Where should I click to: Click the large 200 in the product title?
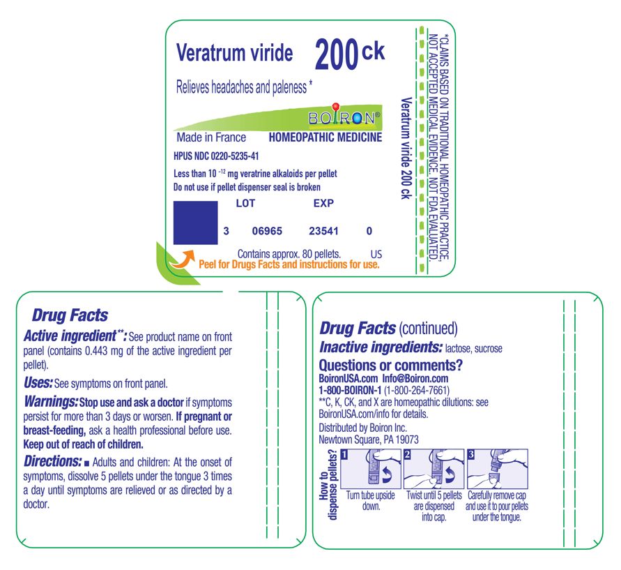(336, 55)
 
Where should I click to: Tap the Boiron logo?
(344, 117)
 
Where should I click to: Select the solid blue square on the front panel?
(195, 223)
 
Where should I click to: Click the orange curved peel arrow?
(183, 260)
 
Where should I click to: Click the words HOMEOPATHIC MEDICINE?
(325, 137)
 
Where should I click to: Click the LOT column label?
(246, 204)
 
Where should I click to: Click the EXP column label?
(323, 204)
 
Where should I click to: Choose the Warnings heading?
(51, 403)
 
